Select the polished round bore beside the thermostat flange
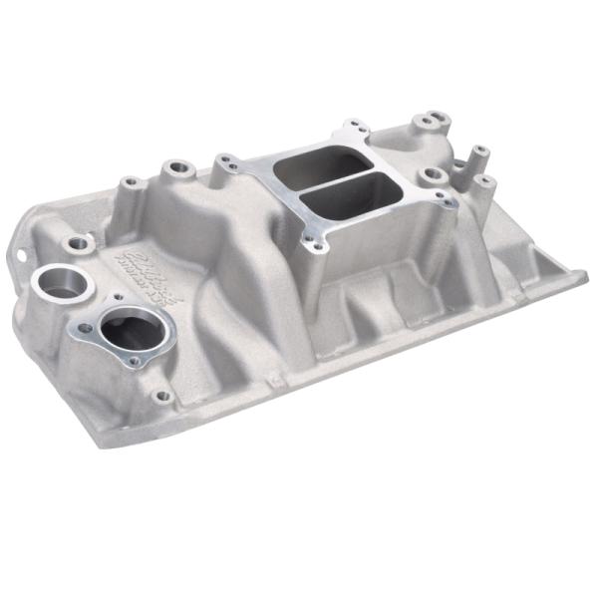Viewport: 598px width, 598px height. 61,285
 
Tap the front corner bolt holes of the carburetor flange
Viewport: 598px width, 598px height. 316,240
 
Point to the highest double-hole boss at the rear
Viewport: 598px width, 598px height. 429,123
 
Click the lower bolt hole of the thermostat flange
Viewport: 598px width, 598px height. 131,363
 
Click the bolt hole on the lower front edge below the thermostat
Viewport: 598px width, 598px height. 162,396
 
